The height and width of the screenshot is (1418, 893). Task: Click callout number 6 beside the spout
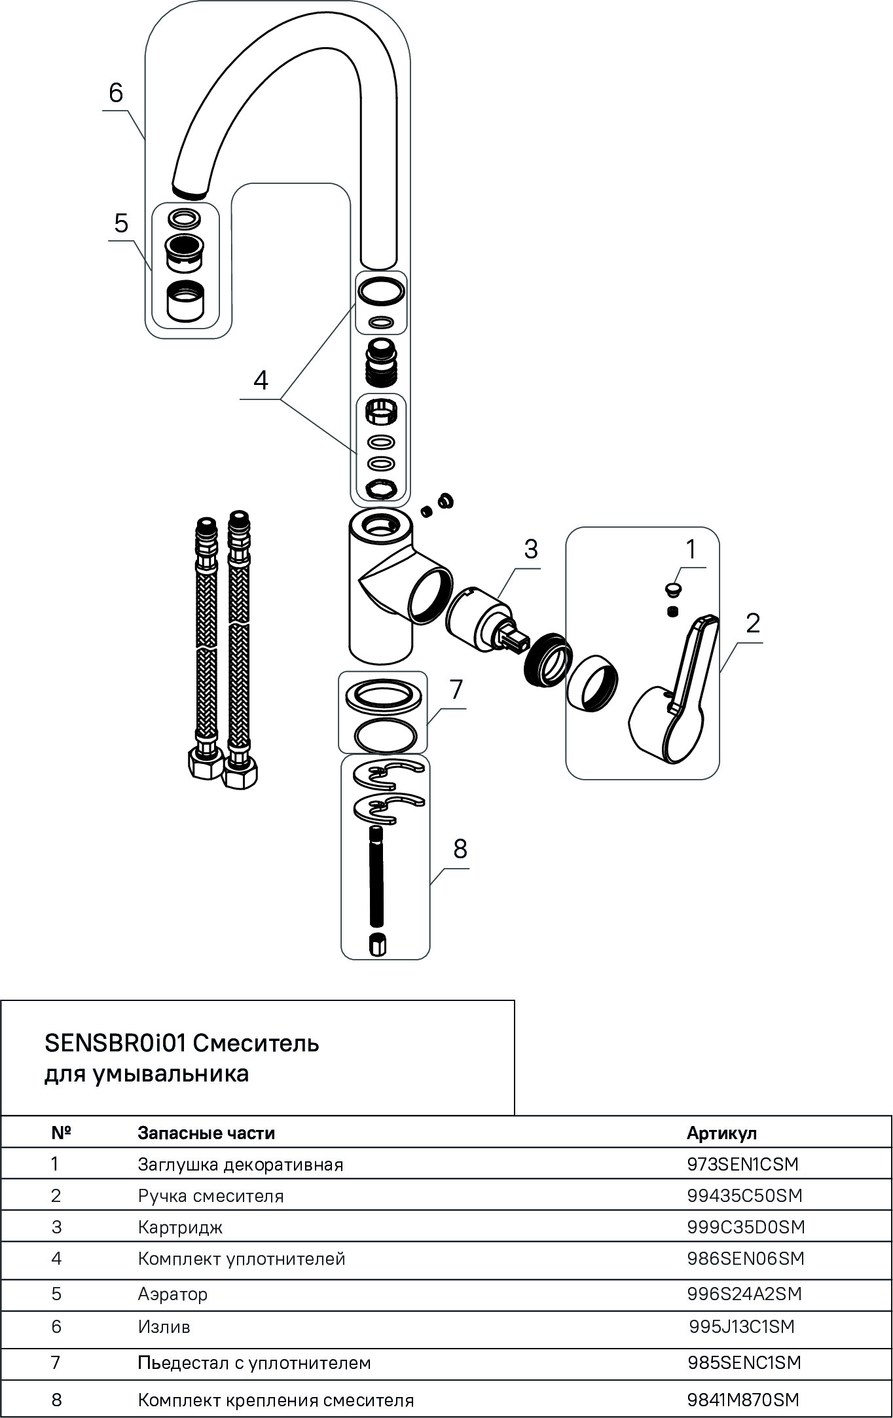click(x=116, y=94)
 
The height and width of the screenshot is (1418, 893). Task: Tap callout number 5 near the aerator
click(x=121, y=223)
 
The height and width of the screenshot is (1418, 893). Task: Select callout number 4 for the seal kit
click(x=261, y=380)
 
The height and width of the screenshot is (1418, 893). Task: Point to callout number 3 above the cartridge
click(x=530, y=549)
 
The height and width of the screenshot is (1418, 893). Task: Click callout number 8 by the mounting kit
click(x=460, y=849)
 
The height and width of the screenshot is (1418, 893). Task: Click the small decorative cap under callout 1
click(x=672, y=589)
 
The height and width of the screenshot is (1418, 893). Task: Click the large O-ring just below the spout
click(x=380, y=290)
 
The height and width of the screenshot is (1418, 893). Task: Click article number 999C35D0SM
click(x=746, y=1227)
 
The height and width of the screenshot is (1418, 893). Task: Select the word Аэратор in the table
click(x=173, y=1294)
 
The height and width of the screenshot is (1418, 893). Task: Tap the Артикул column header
click(x=721, y=1133)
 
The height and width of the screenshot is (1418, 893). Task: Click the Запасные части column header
click(x=206, y=1133)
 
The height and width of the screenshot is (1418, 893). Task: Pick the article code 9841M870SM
click(x=743, y=1400)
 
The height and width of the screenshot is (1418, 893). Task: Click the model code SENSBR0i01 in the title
click(x=117, y=1043)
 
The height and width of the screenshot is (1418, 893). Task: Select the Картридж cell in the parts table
click(x=180, y=1227)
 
